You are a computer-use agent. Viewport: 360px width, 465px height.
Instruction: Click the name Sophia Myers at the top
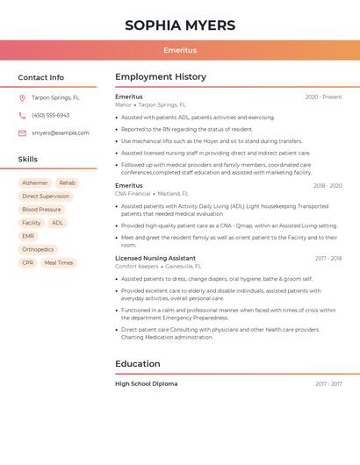coord(180,25)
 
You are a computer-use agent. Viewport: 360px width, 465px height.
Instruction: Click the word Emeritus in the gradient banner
coord(180,50)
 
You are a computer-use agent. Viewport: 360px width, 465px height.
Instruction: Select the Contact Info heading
coord(41,77)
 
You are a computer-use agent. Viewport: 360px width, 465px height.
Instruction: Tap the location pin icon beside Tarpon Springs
coord(22,98)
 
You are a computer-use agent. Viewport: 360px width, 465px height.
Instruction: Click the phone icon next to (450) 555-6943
coord(22,116)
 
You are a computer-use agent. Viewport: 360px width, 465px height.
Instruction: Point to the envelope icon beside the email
coord(22,133)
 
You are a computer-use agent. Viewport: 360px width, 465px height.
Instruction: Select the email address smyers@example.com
coord(61,133)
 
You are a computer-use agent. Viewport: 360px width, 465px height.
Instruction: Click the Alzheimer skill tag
coord(35,182)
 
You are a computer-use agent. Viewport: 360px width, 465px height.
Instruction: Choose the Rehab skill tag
coord(68,182)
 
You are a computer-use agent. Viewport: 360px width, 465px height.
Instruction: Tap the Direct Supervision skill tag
coord(46,197)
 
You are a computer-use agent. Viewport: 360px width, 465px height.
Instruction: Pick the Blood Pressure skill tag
coord(41,210)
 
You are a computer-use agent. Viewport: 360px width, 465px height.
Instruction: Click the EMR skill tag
coord(28,236)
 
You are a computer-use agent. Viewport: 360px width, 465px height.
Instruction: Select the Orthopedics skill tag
coord(38,249)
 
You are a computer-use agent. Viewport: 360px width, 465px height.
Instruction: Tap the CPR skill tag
coord(28,263)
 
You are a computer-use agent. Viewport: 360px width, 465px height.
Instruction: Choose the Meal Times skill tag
coord(59,263)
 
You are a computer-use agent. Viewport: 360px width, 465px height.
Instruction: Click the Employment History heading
coord(161,77)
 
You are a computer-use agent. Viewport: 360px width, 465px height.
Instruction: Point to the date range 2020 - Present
coord(323,97)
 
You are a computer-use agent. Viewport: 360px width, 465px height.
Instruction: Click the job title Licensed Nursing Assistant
coord(155,258)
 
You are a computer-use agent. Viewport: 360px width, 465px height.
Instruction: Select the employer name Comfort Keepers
coord(137,266)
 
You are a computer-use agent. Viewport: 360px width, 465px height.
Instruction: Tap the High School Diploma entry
coord(146,383)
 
